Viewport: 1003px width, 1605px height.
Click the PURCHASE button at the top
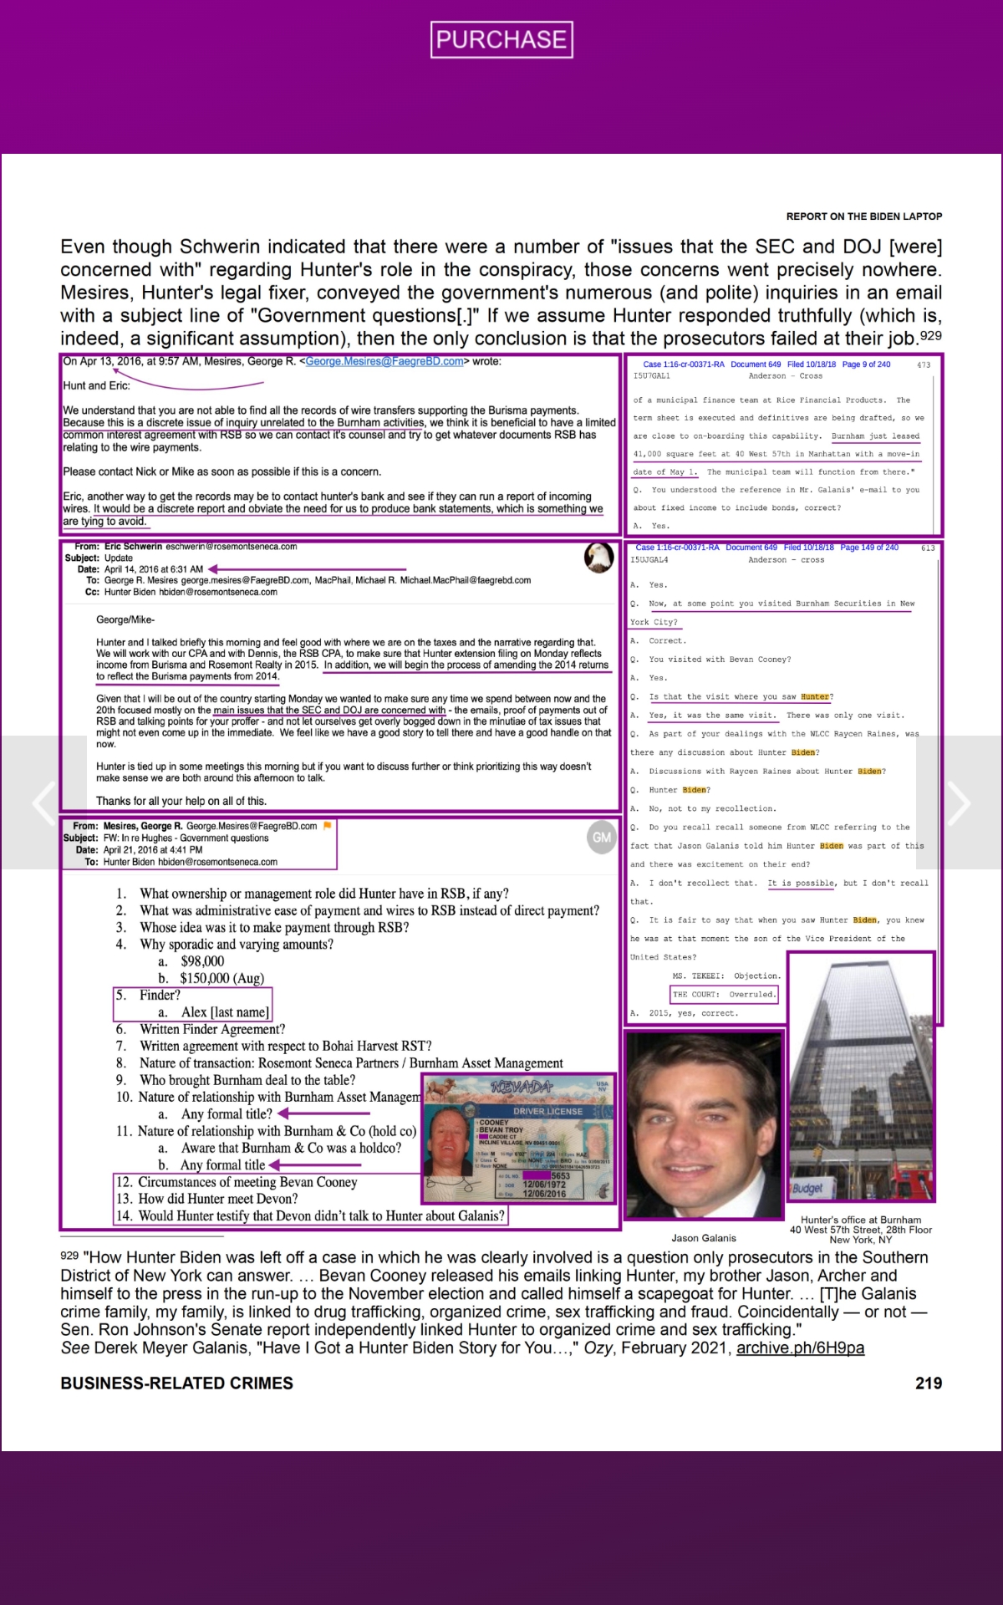click(501, 39)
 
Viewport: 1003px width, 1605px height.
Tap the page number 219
click(928, 1383)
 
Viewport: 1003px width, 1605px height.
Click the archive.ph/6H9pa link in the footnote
click(800, 1348)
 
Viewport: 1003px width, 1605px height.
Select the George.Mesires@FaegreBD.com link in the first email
click(384, 362)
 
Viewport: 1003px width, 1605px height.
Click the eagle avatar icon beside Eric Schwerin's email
click(598, 557)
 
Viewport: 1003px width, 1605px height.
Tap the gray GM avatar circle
click(601, 837)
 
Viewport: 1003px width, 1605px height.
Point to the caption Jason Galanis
click(704, 1238)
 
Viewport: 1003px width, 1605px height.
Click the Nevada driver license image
click(519, 1139)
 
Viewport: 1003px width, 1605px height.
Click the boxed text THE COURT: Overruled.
click(724, 995)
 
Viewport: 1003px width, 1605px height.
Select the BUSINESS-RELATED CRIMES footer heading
click(176, 1383)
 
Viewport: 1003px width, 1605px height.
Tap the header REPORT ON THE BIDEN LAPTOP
click(863, 217)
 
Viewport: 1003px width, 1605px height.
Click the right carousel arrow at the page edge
click(960, 802)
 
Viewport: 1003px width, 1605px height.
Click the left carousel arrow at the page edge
click(43, 802)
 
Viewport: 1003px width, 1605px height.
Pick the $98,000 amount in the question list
click(202, 961)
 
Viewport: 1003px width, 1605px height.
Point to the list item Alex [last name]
click(225, 1012)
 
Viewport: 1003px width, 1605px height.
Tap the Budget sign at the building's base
click(807, 1188)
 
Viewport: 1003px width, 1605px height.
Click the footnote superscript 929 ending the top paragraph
click(930, 336)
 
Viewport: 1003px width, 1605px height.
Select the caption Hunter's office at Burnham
click(861, 1220)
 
